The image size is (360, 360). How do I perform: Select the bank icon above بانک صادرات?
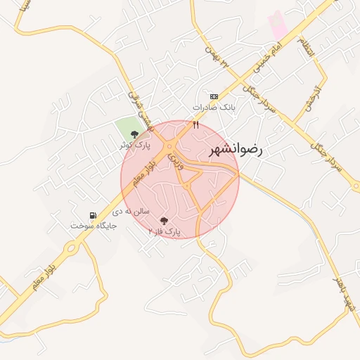point(214,96)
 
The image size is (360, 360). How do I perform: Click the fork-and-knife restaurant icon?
point(196,125)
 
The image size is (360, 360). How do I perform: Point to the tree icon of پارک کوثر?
point(134,134)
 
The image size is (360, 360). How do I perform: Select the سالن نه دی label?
point(131,210)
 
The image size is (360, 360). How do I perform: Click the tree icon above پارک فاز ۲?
point(165,221)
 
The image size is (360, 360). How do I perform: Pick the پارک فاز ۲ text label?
point(165,231)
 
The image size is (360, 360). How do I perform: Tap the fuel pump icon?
point(92,215)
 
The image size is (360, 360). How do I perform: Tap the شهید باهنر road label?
point(345,300)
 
